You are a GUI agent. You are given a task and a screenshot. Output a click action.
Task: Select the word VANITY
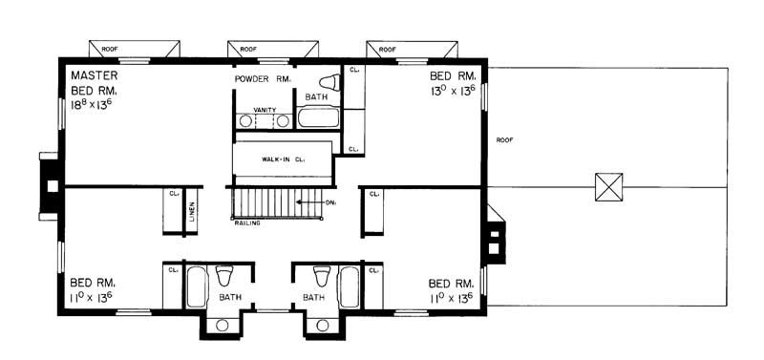(265, 110)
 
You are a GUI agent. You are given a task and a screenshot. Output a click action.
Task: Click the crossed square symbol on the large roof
(608, 185)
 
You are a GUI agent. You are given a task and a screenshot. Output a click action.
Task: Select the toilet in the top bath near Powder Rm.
(330, 82)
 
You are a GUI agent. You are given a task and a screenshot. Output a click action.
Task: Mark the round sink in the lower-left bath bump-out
(222, 326)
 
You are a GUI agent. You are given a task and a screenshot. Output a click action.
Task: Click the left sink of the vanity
(246, 122)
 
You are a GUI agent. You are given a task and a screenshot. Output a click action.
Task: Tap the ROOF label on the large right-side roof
(505, 139)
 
